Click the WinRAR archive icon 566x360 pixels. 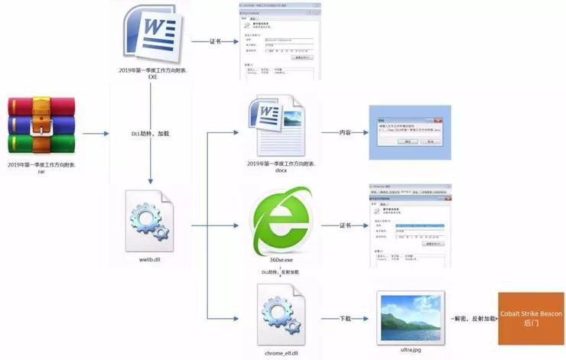pyautogui.click(x=42, y=125)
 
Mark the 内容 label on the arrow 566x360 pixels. pyautogui.click(x=346, y=133)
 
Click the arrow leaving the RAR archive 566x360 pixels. pyautogui.click(x=96, y=133)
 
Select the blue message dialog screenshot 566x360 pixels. pyautogui.click(x=405, y=131)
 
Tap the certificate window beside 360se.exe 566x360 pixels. pyautogui.click(x=407, y=222)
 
